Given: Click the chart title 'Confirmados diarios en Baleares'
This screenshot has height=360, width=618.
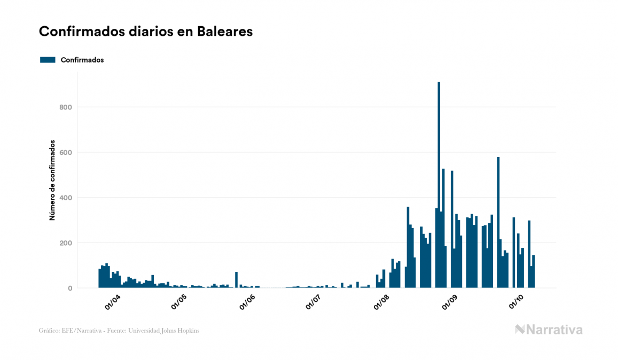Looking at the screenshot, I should click(146, 32).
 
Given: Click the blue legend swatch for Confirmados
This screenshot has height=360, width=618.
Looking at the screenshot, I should click(48, 60).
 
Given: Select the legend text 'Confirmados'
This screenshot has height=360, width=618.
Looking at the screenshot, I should click(82, 60).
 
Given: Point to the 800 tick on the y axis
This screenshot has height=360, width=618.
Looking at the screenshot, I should click(65, 107).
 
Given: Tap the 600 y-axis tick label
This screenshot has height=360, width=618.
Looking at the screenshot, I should click(65, 153).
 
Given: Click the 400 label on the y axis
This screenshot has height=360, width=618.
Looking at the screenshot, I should click(65, 198).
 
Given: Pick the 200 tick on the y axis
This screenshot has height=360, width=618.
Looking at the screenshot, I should click(65, 243).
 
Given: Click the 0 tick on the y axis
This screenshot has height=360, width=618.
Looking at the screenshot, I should click(69, 288).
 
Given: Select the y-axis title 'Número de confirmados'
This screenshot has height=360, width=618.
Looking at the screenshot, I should click(52, 181).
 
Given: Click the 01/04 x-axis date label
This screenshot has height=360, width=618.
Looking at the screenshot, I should click(113, 302).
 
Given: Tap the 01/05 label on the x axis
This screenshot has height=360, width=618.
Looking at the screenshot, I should click(179, 302).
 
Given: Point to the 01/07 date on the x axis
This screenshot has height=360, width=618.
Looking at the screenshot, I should click(314, 302).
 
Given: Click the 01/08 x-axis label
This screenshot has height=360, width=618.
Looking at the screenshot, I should click(381, 302).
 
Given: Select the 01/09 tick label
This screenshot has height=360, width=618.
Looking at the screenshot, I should click(449, 302).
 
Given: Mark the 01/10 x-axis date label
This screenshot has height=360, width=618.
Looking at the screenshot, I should click(515, 302).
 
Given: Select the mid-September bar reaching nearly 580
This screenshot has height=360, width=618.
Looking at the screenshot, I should click(498, 224).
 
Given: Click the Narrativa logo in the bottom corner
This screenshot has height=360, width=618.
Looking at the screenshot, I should click(549, 330).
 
